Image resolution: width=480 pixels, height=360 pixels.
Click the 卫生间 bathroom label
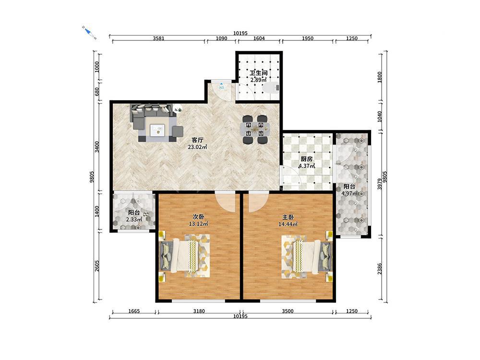pos(259,73)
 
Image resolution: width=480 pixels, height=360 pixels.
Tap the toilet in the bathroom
pos(271,88)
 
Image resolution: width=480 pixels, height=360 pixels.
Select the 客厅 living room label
pos(197,140)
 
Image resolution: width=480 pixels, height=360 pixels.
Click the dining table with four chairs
pos(255,130)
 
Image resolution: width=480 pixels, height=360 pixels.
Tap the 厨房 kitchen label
pos(306,159)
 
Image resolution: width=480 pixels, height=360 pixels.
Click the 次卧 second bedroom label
pos(198,217)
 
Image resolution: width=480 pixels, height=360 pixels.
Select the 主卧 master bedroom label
pos(288,217)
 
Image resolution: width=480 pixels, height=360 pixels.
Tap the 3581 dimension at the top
pos(158,38)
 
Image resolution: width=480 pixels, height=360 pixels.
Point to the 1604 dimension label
pos(259,38)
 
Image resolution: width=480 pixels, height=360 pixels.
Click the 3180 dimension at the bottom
pos(199,311)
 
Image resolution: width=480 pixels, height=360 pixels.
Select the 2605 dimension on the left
pos(97,266)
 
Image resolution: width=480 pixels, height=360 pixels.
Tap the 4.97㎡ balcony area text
pos(350,193)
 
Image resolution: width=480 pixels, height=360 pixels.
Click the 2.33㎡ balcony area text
pos(134,219)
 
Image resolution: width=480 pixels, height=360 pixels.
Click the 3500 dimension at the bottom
pos(288,311)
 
